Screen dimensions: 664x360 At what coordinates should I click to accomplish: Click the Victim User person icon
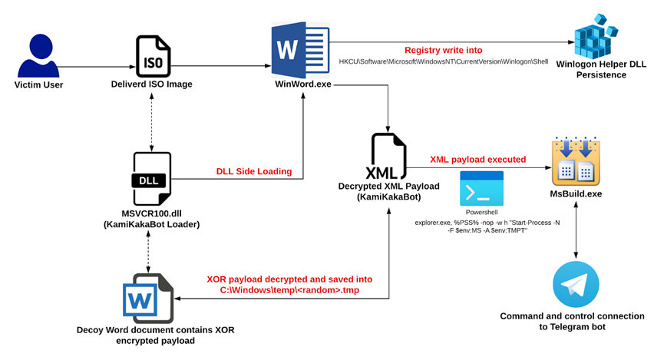[38, 55]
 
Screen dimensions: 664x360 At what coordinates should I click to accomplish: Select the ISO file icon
[154, 57]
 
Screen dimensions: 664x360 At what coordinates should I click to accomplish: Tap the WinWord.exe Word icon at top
[300, 50]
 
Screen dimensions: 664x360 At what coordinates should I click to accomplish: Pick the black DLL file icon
[152, 179]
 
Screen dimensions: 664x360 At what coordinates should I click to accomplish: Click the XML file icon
[387, 156]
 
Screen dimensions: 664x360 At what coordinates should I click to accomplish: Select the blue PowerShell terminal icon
[481, 189]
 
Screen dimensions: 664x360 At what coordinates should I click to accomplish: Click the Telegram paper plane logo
[576, 284]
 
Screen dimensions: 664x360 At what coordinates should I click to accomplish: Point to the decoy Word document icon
[148, 298]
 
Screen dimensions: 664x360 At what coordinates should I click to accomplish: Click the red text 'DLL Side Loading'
[254, 171]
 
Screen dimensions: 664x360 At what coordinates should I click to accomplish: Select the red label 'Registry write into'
[444, 51]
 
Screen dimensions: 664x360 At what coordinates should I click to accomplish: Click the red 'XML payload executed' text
[478, 160]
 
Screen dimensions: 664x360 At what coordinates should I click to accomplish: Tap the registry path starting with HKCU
[444, 62]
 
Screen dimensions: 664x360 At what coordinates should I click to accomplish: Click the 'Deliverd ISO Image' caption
[151, 84]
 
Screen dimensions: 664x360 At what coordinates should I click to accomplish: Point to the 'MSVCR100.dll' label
[151, 213]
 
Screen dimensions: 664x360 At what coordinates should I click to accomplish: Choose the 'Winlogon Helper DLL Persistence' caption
[601, 69]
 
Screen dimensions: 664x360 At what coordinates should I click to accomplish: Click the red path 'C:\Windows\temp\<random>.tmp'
[289, 290]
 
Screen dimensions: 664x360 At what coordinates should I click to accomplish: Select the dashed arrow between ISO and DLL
[151, 122]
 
